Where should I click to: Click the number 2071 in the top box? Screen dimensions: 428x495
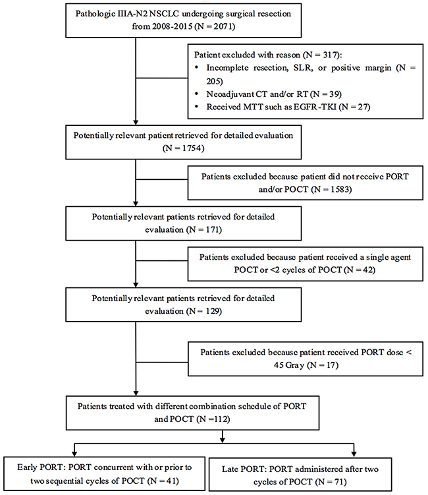point(223,26)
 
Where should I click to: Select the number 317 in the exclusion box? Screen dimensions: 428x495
point(331,55)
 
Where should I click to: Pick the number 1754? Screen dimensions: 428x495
point(192,148)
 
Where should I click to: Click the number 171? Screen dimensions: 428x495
point(213,230)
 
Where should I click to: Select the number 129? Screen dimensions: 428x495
point(212,311)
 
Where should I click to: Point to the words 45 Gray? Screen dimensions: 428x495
point(289,365)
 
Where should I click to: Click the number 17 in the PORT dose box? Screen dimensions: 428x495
point(331,365)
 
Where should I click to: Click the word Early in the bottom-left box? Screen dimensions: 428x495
point(27,467)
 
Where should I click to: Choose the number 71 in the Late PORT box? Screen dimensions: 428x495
point(339,482)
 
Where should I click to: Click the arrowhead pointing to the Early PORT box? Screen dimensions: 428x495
point(74,453)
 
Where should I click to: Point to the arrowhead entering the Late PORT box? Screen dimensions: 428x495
point(354,453)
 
